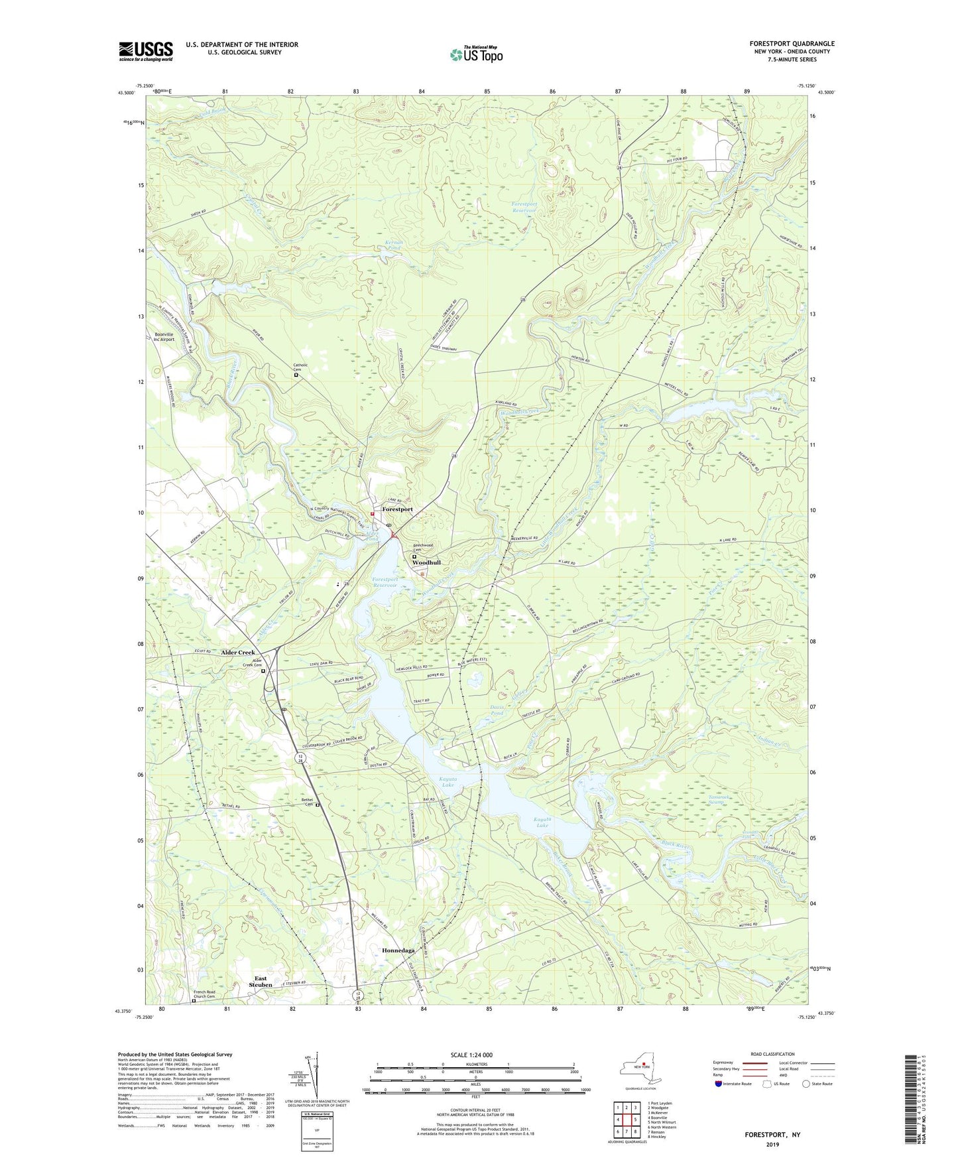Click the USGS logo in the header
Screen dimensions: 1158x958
(x=146, y=51)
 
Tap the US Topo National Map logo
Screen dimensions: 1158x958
(x=475, y=54)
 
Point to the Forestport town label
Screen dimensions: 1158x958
(x=397, y=509)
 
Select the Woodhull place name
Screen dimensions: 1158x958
(x=426, y=562)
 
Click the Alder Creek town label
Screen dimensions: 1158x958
(x=237, y=653)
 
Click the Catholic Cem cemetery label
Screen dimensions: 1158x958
(x=302, y=367)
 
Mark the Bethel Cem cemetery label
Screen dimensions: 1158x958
(x=307, y=803)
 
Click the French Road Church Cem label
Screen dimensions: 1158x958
(x=204, y=994)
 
